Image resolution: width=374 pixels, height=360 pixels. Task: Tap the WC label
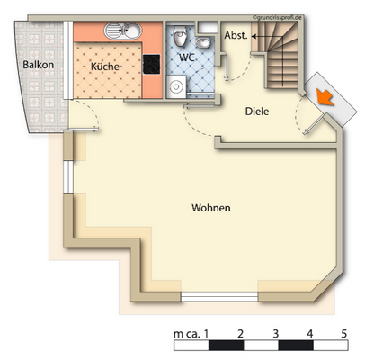187,58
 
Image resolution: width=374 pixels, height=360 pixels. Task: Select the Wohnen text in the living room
211,208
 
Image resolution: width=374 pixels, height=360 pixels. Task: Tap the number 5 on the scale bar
344,333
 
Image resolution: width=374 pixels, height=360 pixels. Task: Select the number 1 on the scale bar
209,333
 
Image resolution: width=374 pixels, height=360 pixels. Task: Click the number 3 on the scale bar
276,333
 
